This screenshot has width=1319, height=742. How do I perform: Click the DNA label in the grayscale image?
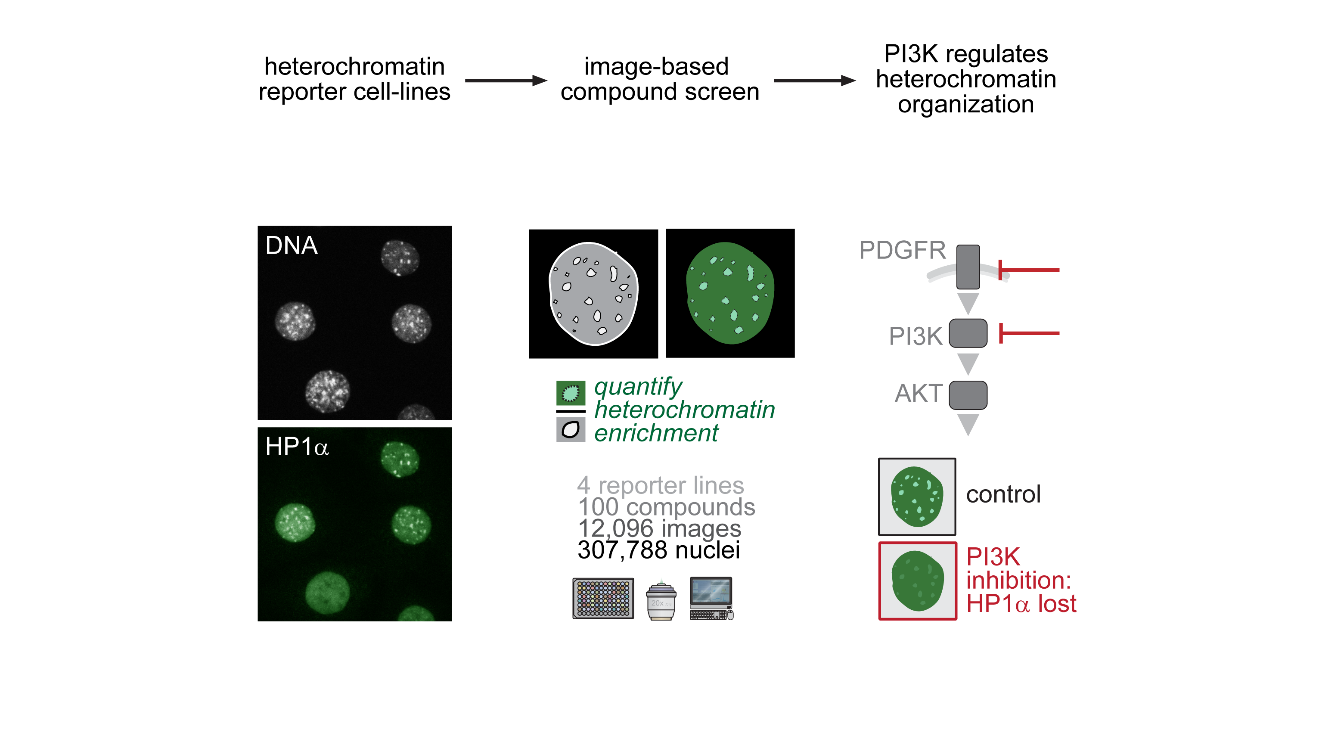coord(292,245)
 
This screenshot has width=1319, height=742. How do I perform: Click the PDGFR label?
coord(902,250)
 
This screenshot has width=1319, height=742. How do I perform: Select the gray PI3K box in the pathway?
coord(968,333)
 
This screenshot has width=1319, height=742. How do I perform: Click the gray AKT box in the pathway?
coord(968,395)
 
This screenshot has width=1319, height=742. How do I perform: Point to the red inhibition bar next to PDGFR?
coord(1029,270)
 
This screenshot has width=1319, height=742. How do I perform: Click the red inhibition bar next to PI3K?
coord(1029,333)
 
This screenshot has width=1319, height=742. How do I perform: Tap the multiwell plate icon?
coord(603,598)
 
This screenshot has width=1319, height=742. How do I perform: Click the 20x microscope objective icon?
coord(661,600)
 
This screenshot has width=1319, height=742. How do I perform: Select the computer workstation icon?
coord(711,598)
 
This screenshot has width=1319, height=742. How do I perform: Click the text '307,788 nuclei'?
coord(658,550)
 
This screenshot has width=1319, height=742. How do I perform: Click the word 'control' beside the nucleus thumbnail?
coord(1003,494)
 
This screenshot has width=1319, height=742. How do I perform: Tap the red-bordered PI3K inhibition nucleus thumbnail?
coord(918,581)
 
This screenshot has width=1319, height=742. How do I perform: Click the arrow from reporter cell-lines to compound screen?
coord(506,81)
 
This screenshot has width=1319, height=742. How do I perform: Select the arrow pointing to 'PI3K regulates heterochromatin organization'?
coord(815,81)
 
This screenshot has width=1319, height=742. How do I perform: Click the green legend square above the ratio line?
coord(571,393)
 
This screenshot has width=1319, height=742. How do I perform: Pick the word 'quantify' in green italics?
coord(638,388)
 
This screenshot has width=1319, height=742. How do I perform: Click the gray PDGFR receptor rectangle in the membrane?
coord(968,267)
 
